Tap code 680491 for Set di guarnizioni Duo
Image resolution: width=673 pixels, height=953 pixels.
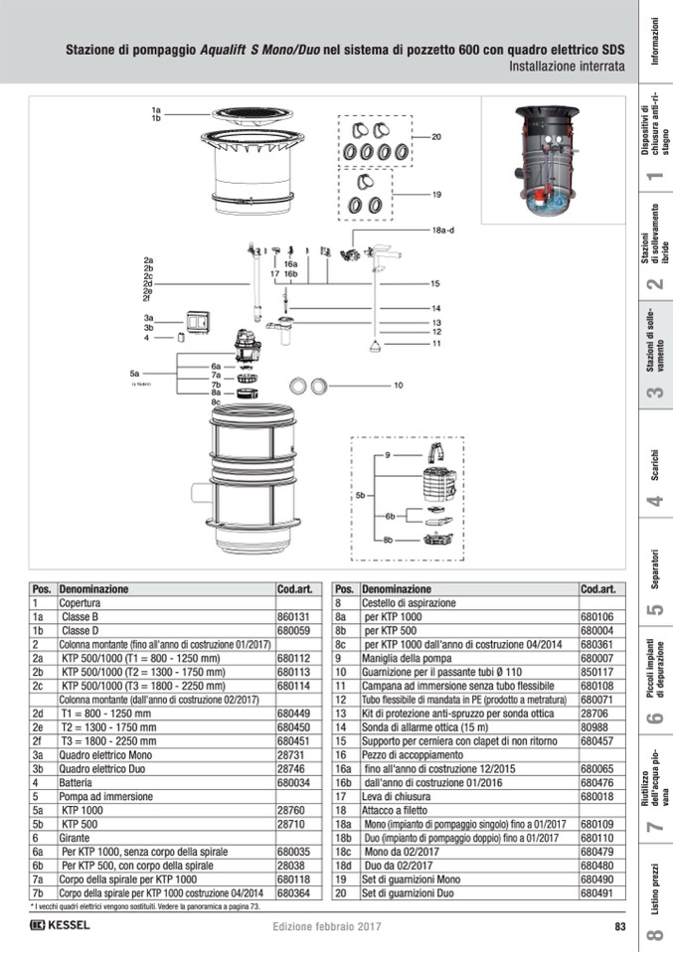tap(596, 893)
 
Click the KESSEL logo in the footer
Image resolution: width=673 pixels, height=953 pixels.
tap(60, 926)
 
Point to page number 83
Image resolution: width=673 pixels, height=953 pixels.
tap(619, 927)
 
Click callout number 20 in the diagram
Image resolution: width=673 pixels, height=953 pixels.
tap(435, 136)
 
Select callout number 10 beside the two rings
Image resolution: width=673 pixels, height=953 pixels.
tap(398, 385)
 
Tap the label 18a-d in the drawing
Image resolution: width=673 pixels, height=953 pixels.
tap(442, 230)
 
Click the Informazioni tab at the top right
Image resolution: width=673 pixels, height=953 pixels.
tap(655, 42)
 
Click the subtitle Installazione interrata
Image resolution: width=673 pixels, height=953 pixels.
tap(567, 68)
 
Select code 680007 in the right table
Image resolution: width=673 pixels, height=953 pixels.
tap(596, 658)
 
